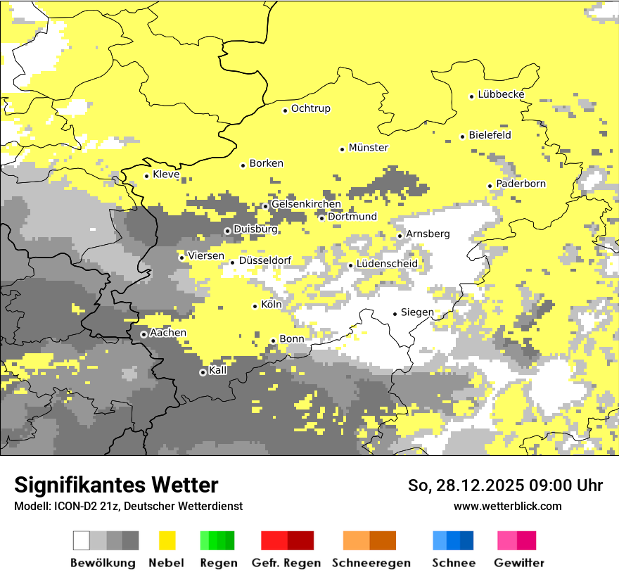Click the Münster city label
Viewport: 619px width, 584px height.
(368, 148)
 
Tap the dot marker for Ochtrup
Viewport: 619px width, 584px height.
(285, 110)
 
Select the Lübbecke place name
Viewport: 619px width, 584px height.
(501, 94)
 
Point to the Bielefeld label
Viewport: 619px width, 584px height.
(490, 135)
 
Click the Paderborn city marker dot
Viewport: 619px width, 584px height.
(490, 186)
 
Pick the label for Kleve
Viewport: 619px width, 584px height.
(166, 174)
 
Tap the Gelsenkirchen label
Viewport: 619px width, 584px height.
(306, 204)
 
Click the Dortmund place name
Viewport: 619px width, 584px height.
(352, 217)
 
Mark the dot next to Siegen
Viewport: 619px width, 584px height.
(395, 314)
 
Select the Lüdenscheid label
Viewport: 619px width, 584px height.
(387, 264)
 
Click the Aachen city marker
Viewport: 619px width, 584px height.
(143, 334)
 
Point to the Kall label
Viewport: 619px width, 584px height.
(218, 370)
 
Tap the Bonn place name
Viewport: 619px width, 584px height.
(292, 339)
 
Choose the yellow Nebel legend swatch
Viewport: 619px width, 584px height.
(167, 540)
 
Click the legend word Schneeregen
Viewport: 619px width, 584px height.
(371, 563)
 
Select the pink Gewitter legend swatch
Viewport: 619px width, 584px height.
(516, 540)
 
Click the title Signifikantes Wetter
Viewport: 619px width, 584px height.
(116, 485)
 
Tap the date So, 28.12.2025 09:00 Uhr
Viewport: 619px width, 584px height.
(505, 485)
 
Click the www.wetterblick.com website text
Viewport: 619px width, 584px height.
(507, 506)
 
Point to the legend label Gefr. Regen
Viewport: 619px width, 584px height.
(286, 563)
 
